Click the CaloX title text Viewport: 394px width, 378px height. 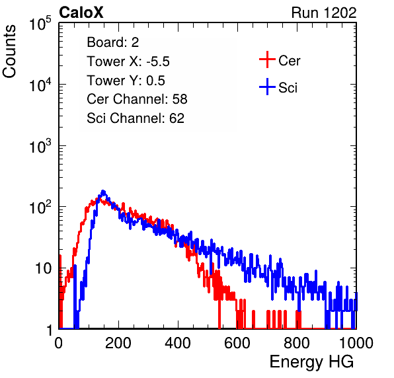click(81, 13)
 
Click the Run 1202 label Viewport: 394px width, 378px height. click(324, 13)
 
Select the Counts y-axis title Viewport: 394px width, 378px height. click(9, 52)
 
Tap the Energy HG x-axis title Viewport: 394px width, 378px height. click(311, 362)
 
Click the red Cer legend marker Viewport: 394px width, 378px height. click(267, 59)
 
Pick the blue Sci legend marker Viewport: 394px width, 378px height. click(267, 87)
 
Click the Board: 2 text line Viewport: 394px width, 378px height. click(112, 42)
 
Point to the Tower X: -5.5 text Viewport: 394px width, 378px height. click(128, 61)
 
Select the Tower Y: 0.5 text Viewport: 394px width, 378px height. click(126, 81)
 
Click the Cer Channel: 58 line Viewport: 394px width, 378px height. click(137, 99)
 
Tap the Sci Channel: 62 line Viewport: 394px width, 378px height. click(136, 118)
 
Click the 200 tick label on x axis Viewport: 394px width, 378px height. click(118, 343)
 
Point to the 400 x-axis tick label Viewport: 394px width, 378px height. click(178, 343)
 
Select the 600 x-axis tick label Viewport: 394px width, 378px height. click(237, 343)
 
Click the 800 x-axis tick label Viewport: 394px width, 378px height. click(297, 343)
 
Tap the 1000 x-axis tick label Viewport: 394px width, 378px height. click(356, 343)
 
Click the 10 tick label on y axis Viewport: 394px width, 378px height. click(44, 268)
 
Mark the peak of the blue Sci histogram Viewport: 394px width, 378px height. click(103, 192)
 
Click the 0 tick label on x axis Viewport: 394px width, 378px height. click(59, 343)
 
